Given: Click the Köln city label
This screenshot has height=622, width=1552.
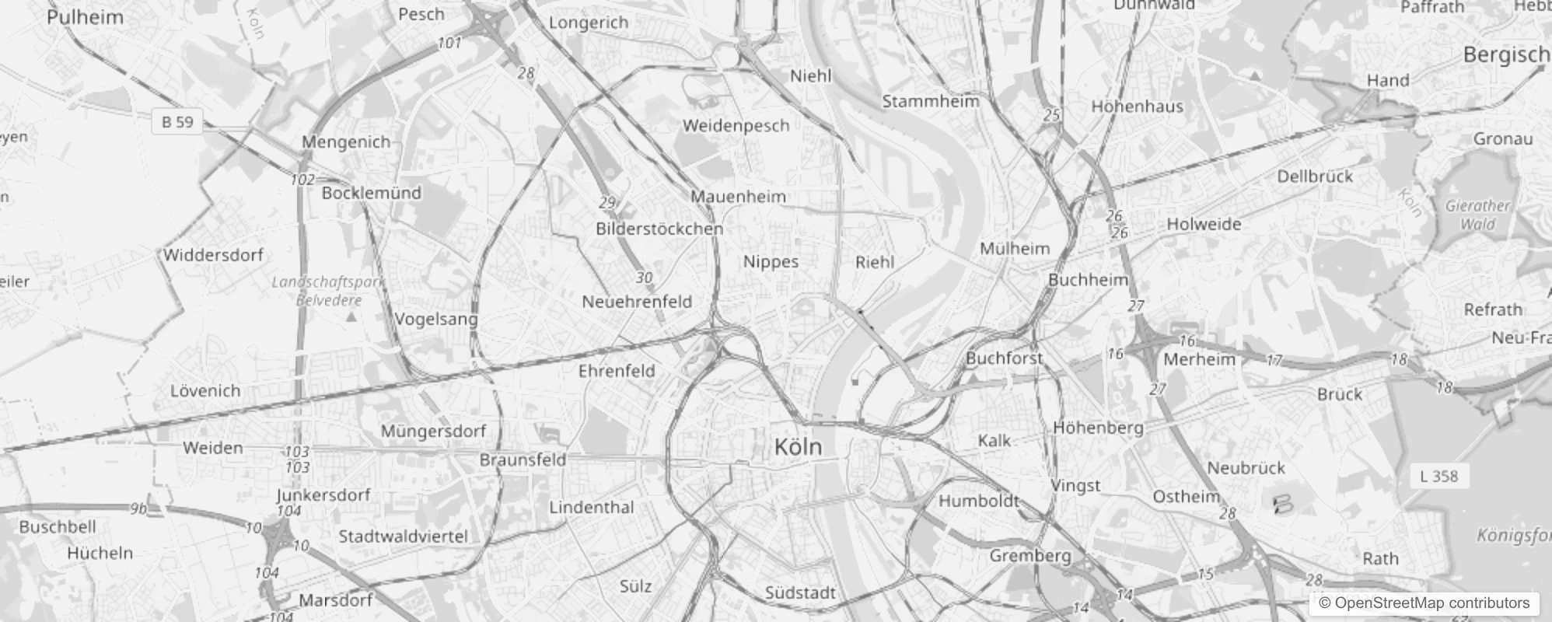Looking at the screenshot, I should coord(798,447).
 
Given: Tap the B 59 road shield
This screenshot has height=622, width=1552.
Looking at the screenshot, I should coord(177,122).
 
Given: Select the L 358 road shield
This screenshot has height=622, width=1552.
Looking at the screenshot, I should coord(1438,476).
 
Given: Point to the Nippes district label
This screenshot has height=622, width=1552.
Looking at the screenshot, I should coord(771,261).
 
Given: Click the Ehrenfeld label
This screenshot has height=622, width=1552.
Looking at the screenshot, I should coord(617,371).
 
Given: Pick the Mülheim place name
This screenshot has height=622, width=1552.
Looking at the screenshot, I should coord(1014,249).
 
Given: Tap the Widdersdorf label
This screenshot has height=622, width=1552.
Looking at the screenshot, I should coord(213,255).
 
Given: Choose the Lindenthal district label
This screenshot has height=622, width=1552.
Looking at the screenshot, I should coord(592,508).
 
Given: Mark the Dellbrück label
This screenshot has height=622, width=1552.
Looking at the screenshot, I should coord(1315,176).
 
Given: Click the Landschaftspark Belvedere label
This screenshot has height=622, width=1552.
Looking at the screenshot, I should coord(329,291).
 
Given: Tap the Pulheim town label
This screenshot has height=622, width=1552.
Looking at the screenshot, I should coord(85,17).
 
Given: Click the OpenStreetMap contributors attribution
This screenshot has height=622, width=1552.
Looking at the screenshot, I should coord(1424,603).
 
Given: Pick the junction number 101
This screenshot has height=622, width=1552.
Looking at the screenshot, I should coord(449,43).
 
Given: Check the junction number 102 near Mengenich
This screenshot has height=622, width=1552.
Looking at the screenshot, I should coord(302,180).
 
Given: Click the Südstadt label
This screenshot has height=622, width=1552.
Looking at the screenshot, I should coord(799,593).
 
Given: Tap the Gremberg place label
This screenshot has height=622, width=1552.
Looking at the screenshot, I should coord(1030,556).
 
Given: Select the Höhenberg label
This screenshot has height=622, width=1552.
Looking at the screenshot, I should coord(1098,428).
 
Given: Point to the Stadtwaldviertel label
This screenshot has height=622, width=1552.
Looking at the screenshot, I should coord(403,536).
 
